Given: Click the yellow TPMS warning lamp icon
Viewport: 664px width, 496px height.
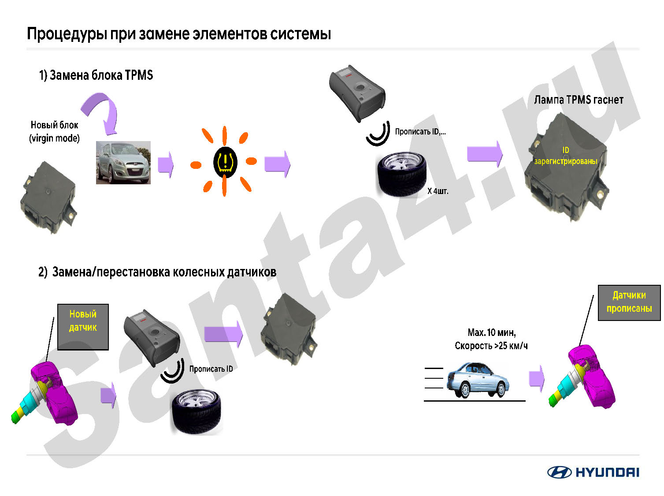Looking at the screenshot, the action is tap(225, 162).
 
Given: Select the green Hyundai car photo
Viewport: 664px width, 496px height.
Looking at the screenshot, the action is tap(123, 163).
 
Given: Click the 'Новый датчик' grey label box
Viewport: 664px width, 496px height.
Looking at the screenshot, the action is tap(83, 327).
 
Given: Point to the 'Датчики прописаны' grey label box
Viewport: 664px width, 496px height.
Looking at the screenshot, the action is tap(629, 302).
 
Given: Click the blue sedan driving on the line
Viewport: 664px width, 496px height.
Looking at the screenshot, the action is tap(478, 380).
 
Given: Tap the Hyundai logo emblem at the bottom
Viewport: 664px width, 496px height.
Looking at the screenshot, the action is tap(559, 472).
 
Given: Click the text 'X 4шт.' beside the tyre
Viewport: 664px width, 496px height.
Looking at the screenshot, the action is tap(438, 191).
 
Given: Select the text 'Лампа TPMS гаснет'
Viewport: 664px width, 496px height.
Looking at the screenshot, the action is tap(579, 100).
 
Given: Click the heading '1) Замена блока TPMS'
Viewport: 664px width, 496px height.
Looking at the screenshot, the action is tap(96, 75).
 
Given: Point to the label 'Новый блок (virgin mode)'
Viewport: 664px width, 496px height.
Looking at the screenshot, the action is tap(55, 131).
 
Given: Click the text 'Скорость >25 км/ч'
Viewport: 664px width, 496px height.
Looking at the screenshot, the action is tap(491, 346).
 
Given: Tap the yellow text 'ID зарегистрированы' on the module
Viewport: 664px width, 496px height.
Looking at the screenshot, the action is tap(565, 156).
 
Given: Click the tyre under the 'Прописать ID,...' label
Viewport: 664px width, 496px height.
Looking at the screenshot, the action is tap(401, 174).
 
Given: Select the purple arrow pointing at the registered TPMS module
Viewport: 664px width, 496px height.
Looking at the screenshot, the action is tap(485, 154).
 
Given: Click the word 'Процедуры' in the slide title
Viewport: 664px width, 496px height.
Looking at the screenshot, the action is tap(67, 34).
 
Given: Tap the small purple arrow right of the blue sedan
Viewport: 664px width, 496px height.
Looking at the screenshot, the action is tap(537, 379).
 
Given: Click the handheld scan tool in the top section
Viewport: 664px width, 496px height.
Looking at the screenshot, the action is tap(357, 93).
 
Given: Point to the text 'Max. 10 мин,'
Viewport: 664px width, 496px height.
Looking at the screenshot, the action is tap(492, 332).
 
